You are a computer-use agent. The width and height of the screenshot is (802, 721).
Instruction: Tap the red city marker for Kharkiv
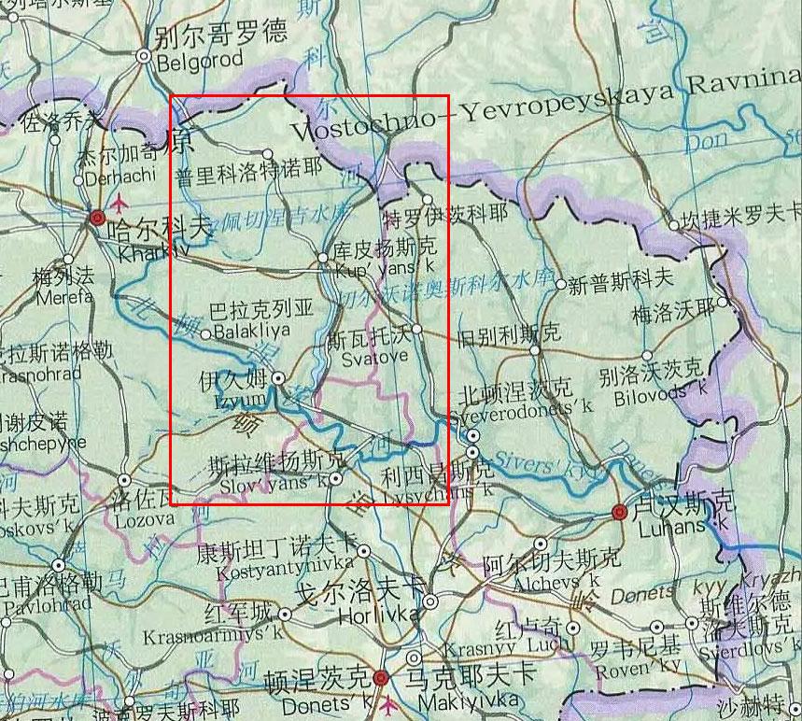click(x=97, y=218)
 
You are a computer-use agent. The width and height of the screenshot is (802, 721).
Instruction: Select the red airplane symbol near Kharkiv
click(x=120, y=201)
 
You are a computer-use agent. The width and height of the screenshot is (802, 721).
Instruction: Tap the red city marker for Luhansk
click(x=619, y=511)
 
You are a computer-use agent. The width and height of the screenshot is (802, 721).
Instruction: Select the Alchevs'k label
click(x=549, y=582)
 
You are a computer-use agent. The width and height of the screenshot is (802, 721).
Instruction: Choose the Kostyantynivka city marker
click(x=363, y=551)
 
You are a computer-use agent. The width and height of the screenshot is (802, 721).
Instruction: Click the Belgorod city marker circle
click(x=144, y=56)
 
